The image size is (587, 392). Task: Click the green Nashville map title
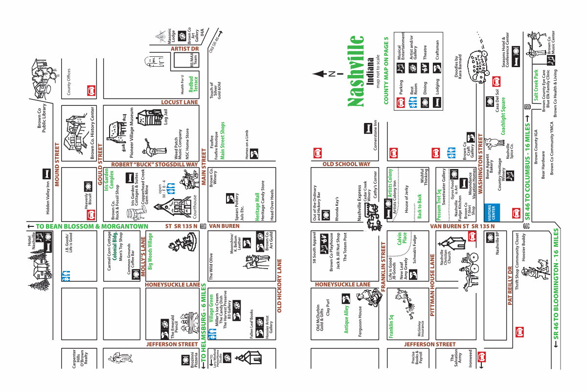pos(356,71)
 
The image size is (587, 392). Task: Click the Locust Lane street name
pos(180,102)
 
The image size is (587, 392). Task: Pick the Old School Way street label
pos(346,164)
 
